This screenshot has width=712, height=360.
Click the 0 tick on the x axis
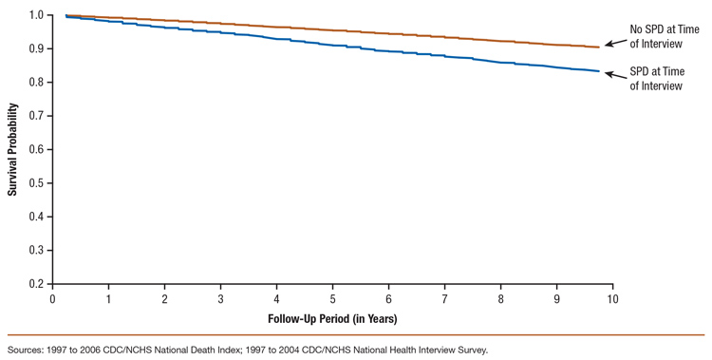(x=52, y=297)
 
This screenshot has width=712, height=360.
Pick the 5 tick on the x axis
(x=332, y=297)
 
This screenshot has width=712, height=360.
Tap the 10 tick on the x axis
(x=612, y=297)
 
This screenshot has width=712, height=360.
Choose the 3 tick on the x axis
(x=220, y=297)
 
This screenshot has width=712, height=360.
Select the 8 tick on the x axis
(x=500, y=297)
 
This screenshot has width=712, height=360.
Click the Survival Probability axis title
(x=12, y=149)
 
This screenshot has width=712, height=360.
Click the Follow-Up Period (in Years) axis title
(x=332, y=317)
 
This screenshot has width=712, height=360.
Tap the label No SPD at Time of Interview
(x=656, y=36)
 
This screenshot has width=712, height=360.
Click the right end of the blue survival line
(x=598, y=71)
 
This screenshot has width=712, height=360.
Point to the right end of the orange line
(x=598, y=47)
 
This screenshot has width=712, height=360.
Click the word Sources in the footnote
(x=28, y=349)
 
